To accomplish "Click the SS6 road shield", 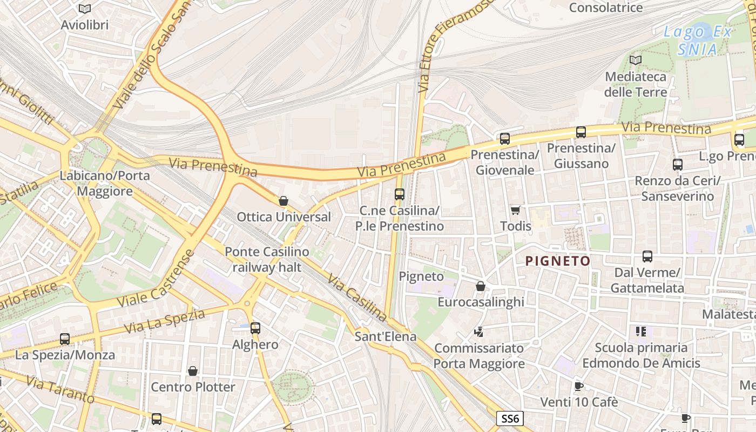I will click(x=510, y=418).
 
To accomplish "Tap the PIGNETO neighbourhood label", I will click(x=558, y=261).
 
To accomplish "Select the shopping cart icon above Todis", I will click(x=516, y=210).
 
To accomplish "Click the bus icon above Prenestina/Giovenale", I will click(x=505, y=139).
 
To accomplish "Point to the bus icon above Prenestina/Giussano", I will click(x=581, y=132).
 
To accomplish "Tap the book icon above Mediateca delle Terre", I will click(x=636, y=60).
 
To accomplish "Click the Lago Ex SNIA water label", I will click(x=698, y=40).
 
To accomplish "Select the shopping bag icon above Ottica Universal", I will click(x=283, y=201).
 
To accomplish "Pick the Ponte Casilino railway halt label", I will click(x=267, y=259).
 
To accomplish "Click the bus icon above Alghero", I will click(x=255, y=328).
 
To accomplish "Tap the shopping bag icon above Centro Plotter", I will click(x=193, y=371).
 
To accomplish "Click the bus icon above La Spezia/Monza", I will click(x=65, y=339).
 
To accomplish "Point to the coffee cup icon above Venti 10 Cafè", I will click(x=579, y=386).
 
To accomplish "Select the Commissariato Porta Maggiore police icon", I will click(x=478, y=332).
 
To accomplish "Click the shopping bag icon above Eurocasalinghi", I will click(x=481, y=286).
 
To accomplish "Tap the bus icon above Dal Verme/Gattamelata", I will click(x=647, y=256).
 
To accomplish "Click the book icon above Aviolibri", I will click(x=85, y=9).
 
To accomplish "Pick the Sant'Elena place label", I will click(x=386, y=336).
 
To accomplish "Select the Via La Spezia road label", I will click(x=165, y=321).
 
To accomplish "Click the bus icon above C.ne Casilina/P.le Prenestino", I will click(x=400, y=194).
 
